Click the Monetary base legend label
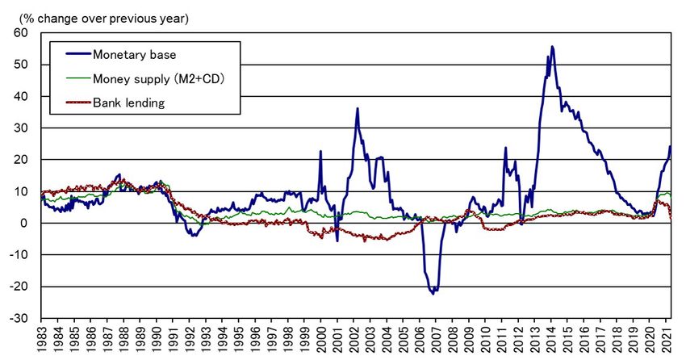tap(134, 55)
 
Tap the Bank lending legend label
tap(128, 103)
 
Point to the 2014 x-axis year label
tap(554, 339)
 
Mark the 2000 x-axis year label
tap(323, 339)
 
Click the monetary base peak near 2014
tap(552, 47)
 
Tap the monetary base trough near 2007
tap(433, 293)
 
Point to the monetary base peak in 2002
tap(358, 108)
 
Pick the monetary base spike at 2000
tap(320, 151)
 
